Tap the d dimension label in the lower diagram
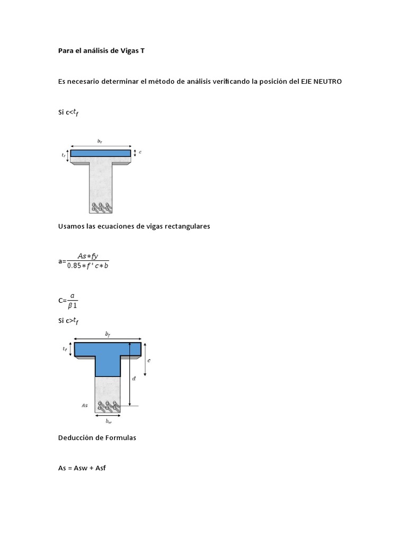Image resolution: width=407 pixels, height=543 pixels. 134,379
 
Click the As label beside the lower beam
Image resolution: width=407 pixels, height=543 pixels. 85,405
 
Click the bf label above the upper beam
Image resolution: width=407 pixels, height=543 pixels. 100,141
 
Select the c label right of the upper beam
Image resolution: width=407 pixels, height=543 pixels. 140,152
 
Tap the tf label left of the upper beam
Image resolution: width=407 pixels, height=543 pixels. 64,155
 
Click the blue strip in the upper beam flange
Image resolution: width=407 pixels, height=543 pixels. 100,153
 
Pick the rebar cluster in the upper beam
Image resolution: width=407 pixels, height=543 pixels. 100,207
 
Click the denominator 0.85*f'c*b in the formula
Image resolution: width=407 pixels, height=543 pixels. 87,266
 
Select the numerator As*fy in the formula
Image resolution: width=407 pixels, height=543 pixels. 88,256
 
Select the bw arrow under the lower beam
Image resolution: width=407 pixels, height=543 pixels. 108,416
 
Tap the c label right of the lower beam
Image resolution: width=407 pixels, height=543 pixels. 149,360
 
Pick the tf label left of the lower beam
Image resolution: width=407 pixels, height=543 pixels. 65,349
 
